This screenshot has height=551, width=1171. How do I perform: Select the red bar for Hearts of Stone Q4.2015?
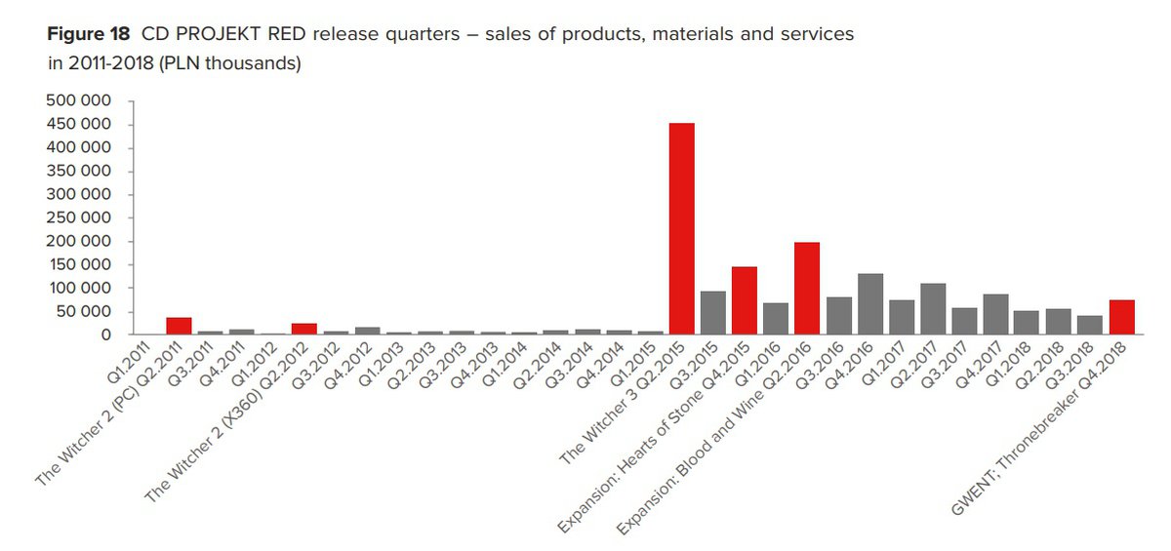tap(745, 300)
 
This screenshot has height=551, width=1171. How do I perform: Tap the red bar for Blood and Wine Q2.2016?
tap(807, 289)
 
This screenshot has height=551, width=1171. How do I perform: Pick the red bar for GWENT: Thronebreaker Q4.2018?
tap(1121, 317)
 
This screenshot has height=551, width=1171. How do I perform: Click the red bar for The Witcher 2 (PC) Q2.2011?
tap(180, 326)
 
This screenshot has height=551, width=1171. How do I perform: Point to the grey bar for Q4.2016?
tap(869, 304)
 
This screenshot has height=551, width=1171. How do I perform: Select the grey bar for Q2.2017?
tap(933, 309)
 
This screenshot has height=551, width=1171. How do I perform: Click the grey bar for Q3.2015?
tap(713, 313)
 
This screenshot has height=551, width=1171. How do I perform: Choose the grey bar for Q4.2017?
tap(995, 314)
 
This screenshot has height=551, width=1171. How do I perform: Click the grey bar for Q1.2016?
tap(776, 319)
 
